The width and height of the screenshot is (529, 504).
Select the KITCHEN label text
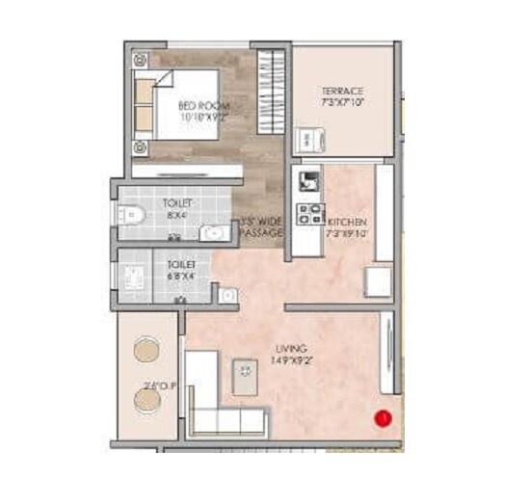click(346, 222)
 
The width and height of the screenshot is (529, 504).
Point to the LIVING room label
click(290, 349)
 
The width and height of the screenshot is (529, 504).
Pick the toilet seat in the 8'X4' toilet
click(132, 215)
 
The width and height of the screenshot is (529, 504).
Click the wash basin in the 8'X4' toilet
click(214, 231)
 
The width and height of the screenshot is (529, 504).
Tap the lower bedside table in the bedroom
click(140, 147)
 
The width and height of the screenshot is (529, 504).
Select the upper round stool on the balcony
click(146, 347)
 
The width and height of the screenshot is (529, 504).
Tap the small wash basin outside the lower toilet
click(228, 295)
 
